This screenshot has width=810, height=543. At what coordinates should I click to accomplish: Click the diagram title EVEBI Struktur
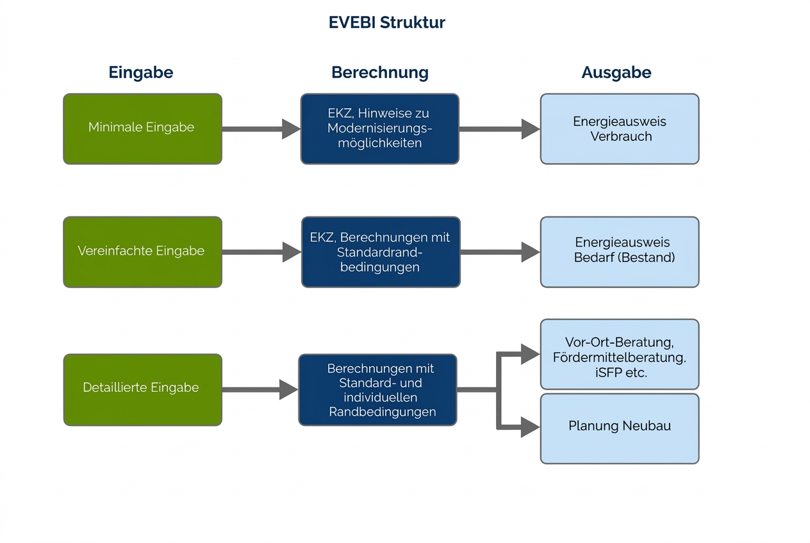[386, 22]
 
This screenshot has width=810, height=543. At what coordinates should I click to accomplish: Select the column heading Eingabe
[141, 72]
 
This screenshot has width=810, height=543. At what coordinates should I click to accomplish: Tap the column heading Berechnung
[379, 72]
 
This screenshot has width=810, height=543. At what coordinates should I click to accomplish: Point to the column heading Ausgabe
[616, 72]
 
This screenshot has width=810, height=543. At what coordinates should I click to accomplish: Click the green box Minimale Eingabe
[142, 128]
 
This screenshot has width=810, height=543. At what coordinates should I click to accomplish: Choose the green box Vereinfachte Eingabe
[142, 252]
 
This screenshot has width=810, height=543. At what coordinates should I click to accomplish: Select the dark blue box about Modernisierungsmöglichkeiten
[379, 128]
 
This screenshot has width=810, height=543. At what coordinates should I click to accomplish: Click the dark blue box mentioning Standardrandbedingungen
[380, 252]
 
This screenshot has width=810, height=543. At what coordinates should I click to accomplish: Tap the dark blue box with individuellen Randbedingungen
[377, 389]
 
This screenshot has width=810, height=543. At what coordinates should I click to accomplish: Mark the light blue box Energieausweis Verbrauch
[619, 129]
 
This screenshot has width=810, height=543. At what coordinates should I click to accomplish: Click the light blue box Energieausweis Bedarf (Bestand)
[619, 252]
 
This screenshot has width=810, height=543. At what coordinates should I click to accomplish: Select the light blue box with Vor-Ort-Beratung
[619, 354]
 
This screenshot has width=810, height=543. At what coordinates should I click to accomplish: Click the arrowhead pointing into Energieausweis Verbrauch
[531, 129]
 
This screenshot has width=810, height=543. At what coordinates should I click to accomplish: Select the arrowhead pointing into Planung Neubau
[530, 427]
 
